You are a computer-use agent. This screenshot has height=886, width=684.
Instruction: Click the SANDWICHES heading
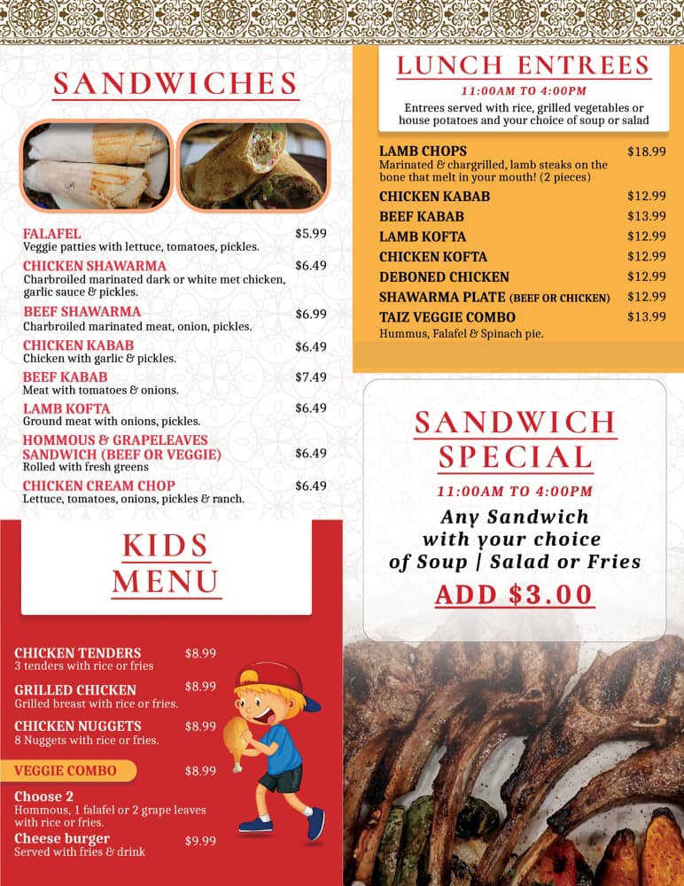click(x=175, y=84)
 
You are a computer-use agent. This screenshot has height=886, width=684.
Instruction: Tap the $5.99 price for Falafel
click(x=311, y=234)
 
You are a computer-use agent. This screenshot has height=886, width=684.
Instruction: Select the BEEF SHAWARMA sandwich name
click(x=82, y=312)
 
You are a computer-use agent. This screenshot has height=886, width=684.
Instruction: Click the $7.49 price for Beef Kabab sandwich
click(x=311, y=377)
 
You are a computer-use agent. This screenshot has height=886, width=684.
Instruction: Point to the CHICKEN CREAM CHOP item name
click(x=99, y=486)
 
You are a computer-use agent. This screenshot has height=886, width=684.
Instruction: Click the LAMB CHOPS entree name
click(x=423, y=151)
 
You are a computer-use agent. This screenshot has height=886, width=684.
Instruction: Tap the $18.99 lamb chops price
click(x=646, y=152)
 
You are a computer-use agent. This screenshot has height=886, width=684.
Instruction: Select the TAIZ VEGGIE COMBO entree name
click(x=447, y=317)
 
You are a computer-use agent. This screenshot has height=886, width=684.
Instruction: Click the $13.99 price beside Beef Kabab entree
click(x=646, y=216)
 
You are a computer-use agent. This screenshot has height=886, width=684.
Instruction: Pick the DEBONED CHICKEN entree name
click(x=444, y=276)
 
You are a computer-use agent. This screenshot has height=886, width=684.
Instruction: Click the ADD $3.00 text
click(x=513, y=595)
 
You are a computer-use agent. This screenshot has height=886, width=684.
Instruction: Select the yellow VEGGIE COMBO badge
click(x=74, y=771)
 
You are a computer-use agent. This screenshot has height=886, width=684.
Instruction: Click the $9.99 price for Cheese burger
click(x=200, y=840)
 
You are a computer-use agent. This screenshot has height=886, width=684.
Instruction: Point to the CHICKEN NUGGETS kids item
click(x=78, y=727)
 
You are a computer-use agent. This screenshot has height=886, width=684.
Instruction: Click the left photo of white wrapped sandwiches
click(x=96, y=166)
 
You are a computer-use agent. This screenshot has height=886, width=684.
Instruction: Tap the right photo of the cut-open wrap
click(x=254, y=166)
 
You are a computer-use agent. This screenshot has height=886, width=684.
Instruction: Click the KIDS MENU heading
click(x=166, y=563)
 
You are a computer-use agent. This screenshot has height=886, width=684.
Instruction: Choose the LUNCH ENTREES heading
click(x=523, y=66)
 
